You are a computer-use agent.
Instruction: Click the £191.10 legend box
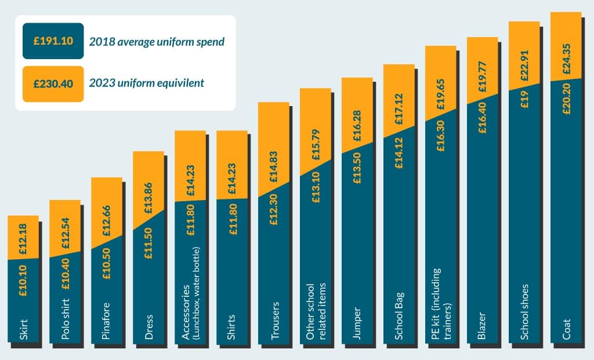(x=53, y=41)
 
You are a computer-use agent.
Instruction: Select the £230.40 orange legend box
(x=53, y=83)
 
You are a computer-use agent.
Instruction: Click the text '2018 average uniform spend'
(x=157, y=42)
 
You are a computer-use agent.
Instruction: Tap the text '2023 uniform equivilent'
(x=146, y=83)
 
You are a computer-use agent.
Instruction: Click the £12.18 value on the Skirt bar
(x=23, y=237)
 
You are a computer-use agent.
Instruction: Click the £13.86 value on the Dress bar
(x=148, y=189)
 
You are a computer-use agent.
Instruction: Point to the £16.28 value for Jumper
(x=357, y=126)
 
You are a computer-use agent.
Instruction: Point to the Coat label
(x=566, y=329)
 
